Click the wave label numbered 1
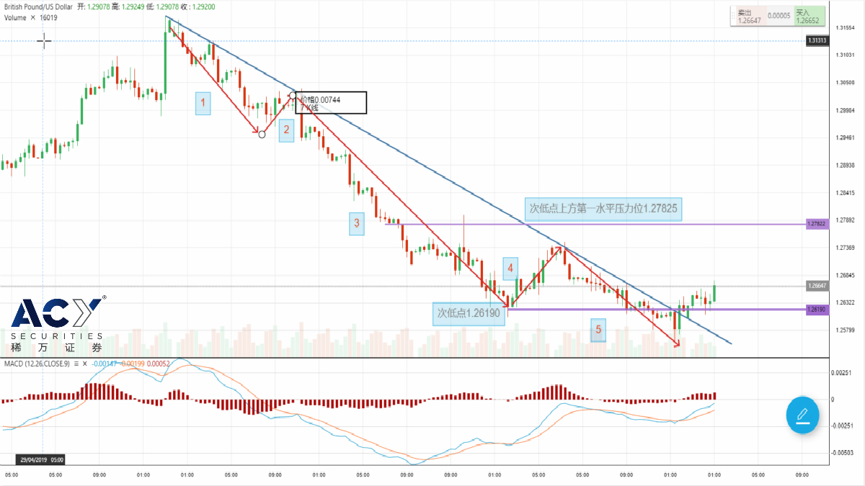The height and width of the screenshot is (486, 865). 203,104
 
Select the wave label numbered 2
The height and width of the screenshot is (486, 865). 286,130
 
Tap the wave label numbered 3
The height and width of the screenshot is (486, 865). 356,223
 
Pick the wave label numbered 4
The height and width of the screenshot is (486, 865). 510,269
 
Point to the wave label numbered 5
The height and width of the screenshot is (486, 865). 598,330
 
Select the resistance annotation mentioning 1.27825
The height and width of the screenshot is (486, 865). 603,209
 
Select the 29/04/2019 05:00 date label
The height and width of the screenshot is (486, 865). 40,459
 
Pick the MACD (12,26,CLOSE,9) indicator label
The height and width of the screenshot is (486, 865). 36,364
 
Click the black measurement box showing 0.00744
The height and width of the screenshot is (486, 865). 331,102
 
